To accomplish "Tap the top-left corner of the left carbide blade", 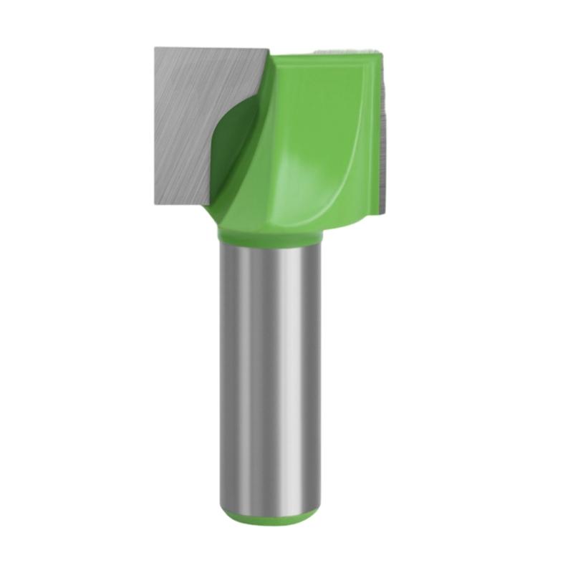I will click(155, 48).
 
